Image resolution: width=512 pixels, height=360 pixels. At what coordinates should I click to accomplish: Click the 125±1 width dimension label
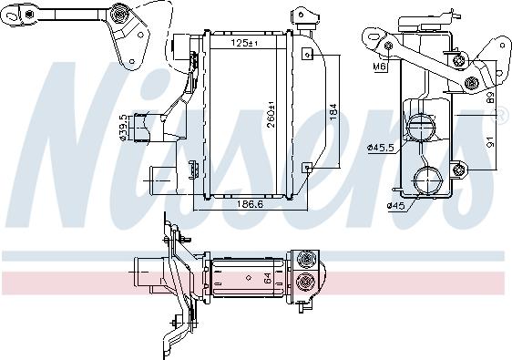244,43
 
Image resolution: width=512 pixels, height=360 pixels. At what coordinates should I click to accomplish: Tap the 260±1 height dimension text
271,115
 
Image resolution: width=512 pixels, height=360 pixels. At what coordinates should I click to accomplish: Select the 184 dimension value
333,112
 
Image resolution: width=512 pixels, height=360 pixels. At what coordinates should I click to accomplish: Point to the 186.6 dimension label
251,204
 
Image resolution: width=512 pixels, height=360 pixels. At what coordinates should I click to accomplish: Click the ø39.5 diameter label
123,128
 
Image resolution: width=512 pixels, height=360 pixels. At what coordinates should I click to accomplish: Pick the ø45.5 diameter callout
380,148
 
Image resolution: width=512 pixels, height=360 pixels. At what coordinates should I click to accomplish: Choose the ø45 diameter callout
395,205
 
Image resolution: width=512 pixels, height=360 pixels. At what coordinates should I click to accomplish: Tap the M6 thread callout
379,67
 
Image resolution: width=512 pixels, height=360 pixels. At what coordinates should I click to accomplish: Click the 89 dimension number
491,97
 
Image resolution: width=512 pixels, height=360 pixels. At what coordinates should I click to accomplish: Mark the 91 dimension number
491,141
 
